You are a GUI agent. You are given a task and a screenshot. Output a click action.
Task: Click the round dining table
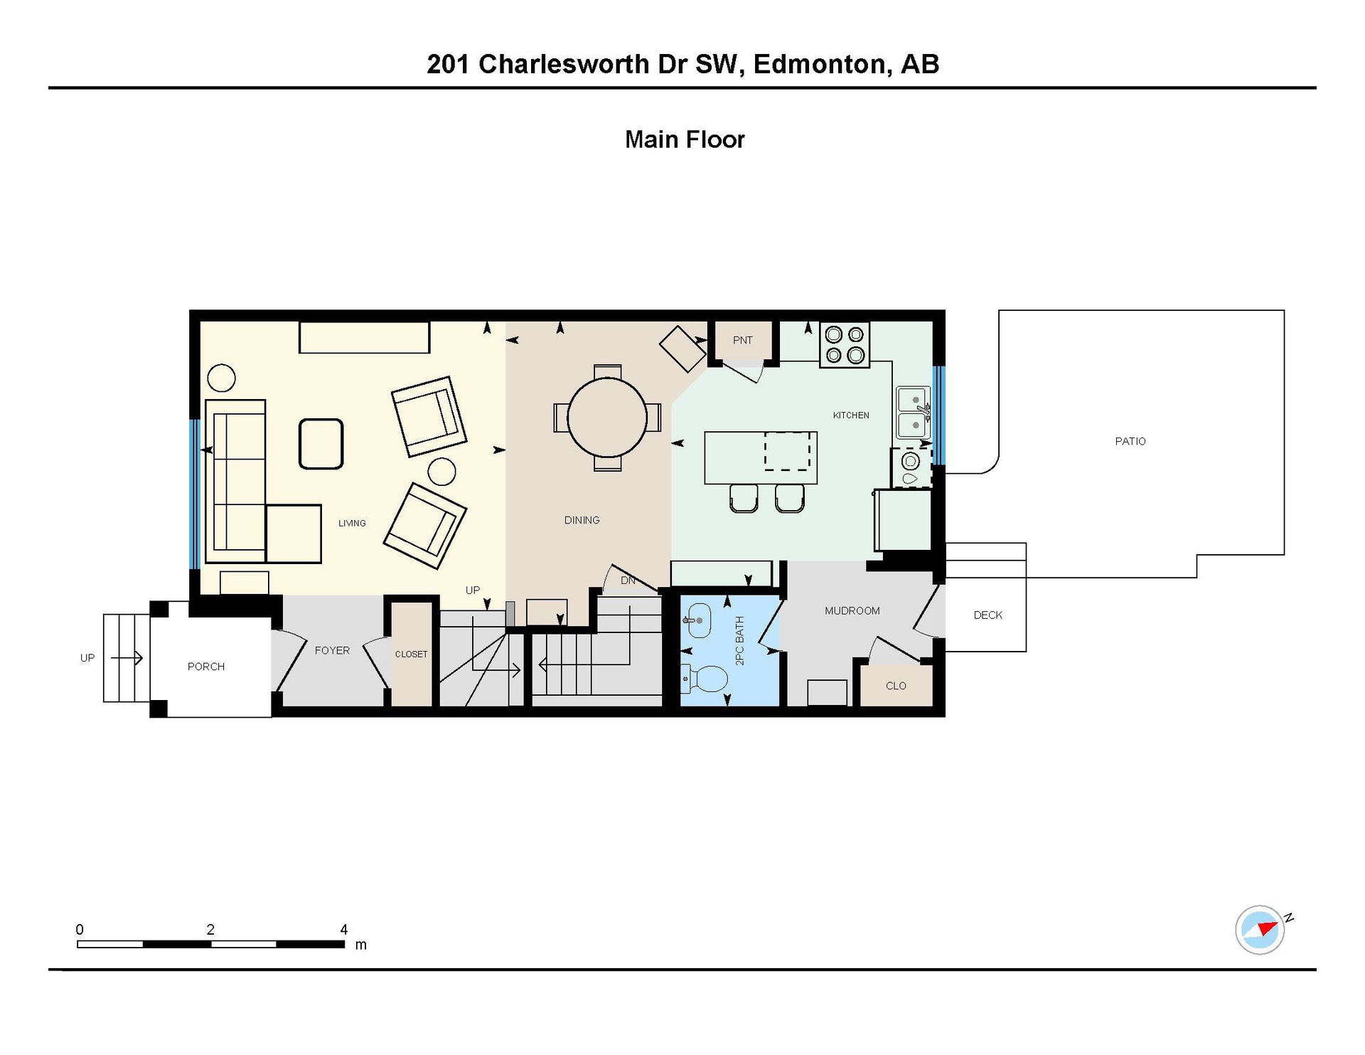(607, 418)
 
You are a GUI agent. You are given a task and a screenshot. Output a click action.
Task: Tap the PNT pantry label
(742, 340)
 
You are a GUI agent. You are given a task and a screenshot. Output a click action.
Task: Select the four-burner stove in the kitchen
(845, 345)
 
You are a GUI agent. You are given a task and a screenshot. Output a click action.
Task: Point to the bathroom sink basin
(698, 621)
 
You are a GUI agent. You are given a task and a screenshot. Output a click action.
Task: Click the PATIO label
(1130, 441)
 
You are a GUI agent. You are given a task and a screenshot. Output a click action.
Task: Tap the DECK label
(987, 615)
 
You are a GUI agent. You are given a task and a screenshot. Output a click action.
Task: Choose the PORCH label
(206, 667)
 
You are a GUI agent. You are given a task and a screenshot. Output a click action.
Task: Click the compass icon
(1261, 929)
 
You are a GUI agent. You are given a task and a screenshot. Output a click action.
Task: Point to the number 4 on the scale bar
(344, 929)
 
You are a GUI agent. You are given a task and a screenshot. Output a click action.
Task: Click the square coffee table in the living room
(321, 444)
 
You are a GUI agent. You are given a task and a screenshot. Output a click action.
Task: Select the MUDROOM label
(852, 610)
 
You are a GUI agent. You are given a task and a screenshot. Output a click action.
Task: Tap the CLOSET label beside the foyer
(412, 654)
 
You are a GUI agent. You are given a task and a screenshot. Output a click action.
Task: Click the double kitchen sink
(914, 413)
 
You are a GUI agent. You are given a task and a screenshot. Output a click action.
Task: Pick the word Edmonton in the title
(820, 64)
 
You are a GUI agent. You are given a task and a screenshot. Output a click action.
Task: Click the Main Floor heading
(685, 139)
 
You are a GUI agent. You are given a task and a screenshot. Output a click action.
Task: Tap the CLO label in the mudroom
(896, 686)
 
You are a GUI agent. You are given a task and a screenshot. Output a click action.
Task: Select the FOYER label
(332, 650)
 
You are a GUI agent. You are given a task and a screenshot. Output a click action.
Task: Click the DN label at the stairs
(628, 580)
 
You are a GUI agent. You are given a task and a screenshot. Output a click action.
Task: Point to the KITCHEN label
(851, 415)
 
